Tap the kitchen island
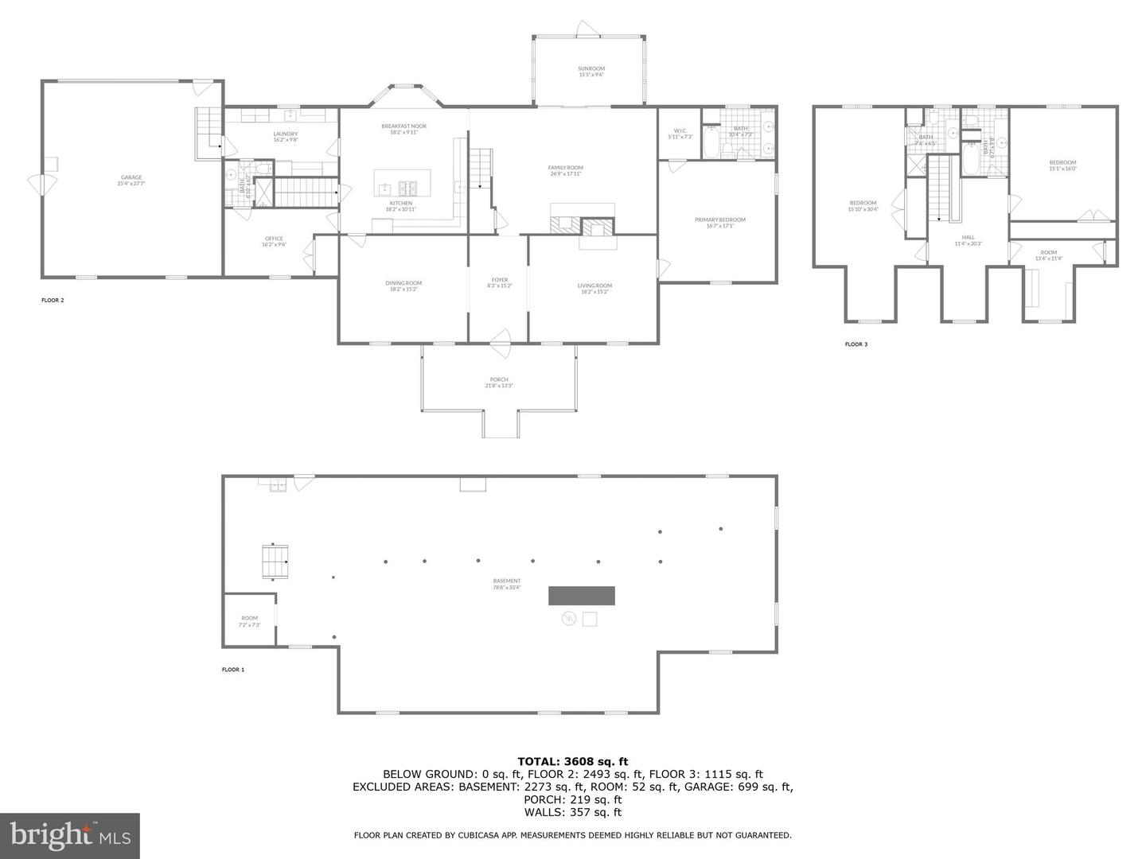pyautogui.click(x=403, y=182)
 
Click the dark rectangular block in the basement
pyautogui.click(x=581, y=595)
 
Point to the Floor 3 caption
pyautogui.click(x=856, y=344)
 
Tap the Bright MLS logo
pyautogui.click(x=70, y=835)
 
